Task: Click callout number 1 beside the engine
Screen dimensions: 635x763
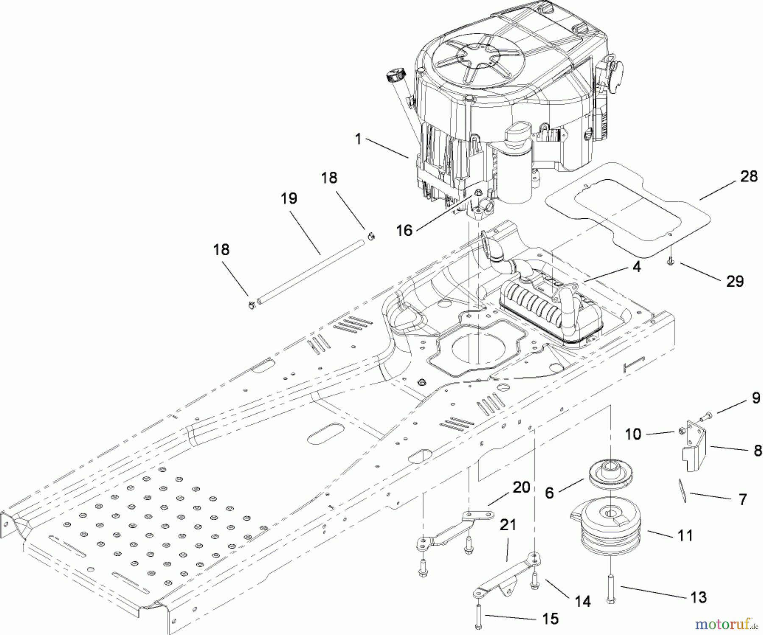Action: tap(358, 139)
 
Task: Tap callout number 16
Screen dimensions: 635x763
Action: tap(404, 231)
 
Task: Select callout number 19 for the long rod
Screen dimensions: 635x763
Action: tap(289, 198)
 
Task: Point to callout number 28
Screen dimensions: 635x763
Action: tap(749, 176)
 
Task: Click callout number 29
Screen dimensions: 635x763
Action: tap(735, 281)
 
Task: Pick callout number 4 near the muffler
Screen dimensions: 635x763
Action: tap(637, 267)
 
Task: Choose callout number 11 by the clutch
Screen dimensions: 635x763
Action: tap(685, 536)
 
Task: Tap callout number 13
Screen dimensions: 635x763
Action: tap(699, 597)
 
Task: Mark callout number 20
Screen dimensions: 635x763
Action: tap(521, 487)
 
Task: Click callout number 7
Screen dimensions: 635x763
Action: tap(742, 500)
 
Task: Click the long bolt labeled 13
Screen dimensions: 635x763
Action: tap(611, 588)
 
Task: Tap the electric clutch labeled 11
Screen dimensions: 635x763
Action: tap(606, 524)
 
